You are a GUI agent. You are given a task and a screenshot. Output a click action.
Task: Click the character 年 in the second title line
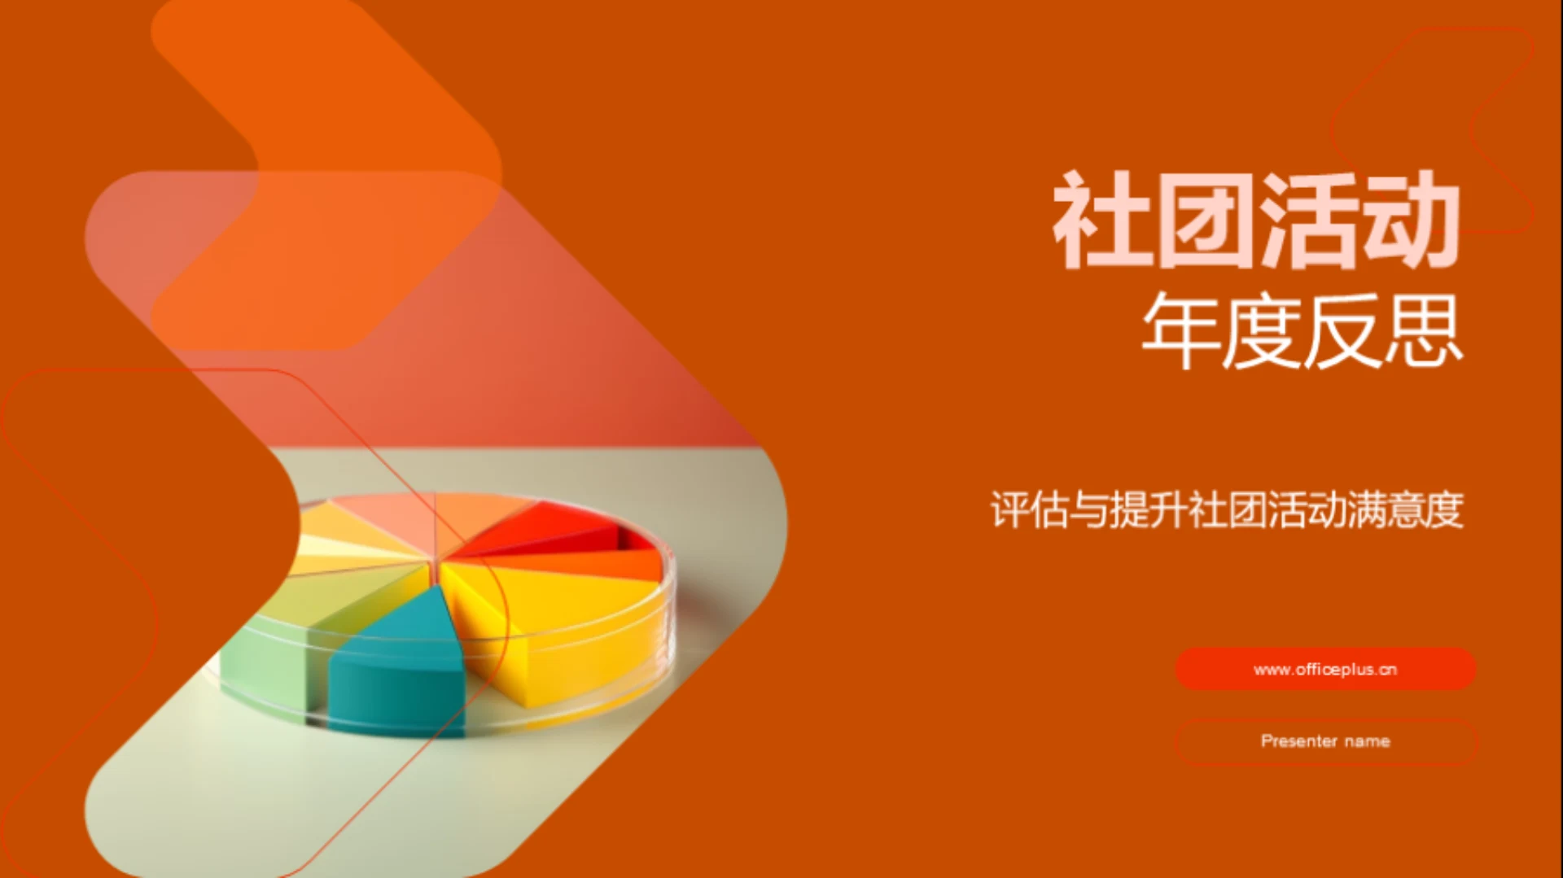1181,330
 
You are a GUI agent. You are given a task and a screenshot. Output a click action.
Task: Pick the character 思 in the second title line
1423,330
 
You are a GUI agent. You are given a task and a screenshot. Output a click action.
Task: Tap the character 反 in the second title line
1342,330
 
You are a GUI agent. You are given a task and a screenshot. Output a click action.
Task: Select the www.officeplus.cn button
1325,669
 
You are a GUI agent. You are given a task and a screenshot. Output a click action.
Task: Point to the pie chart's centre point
436,561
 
